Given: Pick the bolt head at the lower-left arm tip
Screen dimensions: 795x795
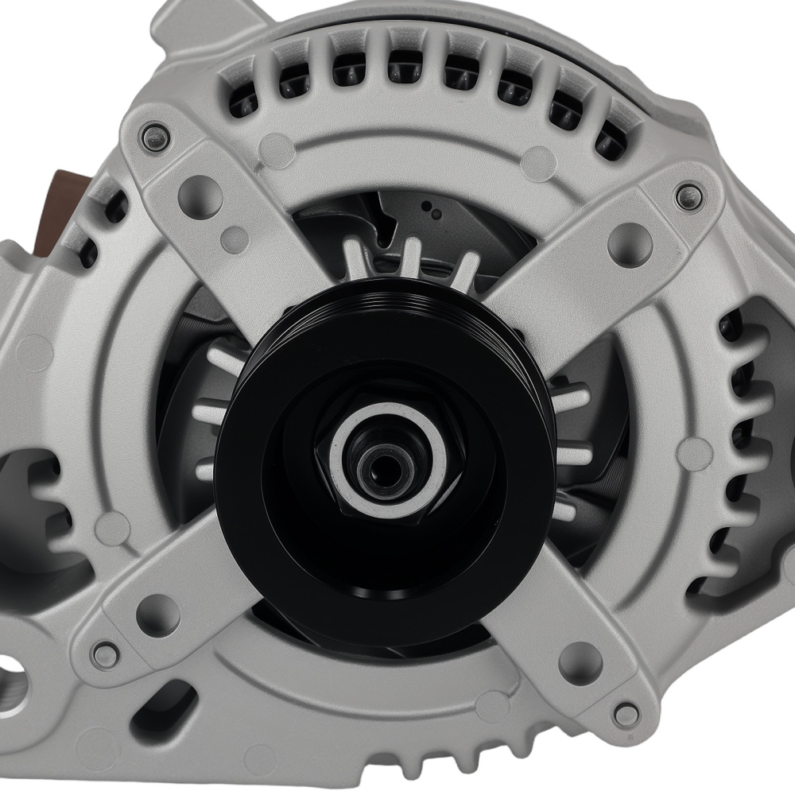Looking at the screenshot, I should tap(101, 653).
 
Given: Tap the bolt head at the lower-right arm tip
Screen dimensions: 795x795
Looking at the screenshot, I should tap(626, 712).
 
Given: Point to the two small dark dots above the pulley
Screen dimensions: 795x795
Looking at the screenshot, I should tap(432, 210).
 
